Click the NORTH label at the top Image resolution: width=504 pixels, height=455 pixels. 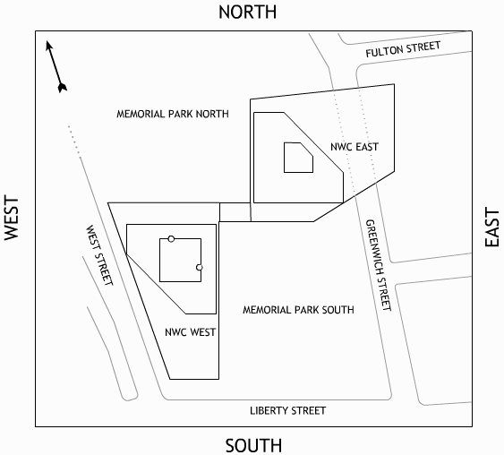pos(247,13)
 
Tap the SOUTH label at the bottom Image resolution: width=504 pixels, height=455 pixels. pos(253,446)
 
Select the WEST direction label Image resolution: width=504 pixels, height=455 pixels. pos(12,218)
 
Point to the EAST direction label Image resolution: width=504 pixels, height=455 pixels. pos(491,227)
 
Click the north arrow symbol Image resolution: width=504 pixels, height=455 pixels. pos(56,66)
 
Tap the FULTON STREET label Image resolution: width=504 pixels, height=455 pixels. pos(403,49)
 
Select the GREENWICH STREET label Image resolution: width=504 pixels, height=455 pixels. pos(379,265)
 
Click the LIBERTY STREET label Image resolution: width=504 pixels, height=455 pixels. pos(287,410)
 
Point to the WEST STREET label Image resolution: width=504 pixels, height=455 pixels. pos(99,255)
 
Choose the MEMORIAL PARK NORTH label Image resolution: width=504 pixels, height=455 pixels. pos(173,114)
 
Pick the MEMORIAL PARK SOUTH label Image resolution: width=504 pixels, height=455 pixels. pos(298,310)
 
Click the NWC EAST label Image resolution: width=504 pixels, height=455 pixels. pos(355,147)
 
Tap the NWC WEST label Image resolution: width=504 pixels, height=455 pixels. pos(191,332)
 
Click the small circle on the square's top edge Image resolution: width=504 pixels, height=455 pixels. pos(171,239)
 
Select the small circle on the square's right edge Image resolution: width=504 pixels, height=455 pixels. pos(200,267)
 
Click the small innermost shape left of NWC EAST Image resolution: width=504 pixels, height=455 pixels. pos(298,158)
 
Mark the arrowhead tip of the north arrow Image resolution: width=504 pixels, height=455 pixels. pos(47,41)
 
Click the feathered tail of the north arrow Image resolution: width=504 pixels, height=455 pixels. pos(63,88)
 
